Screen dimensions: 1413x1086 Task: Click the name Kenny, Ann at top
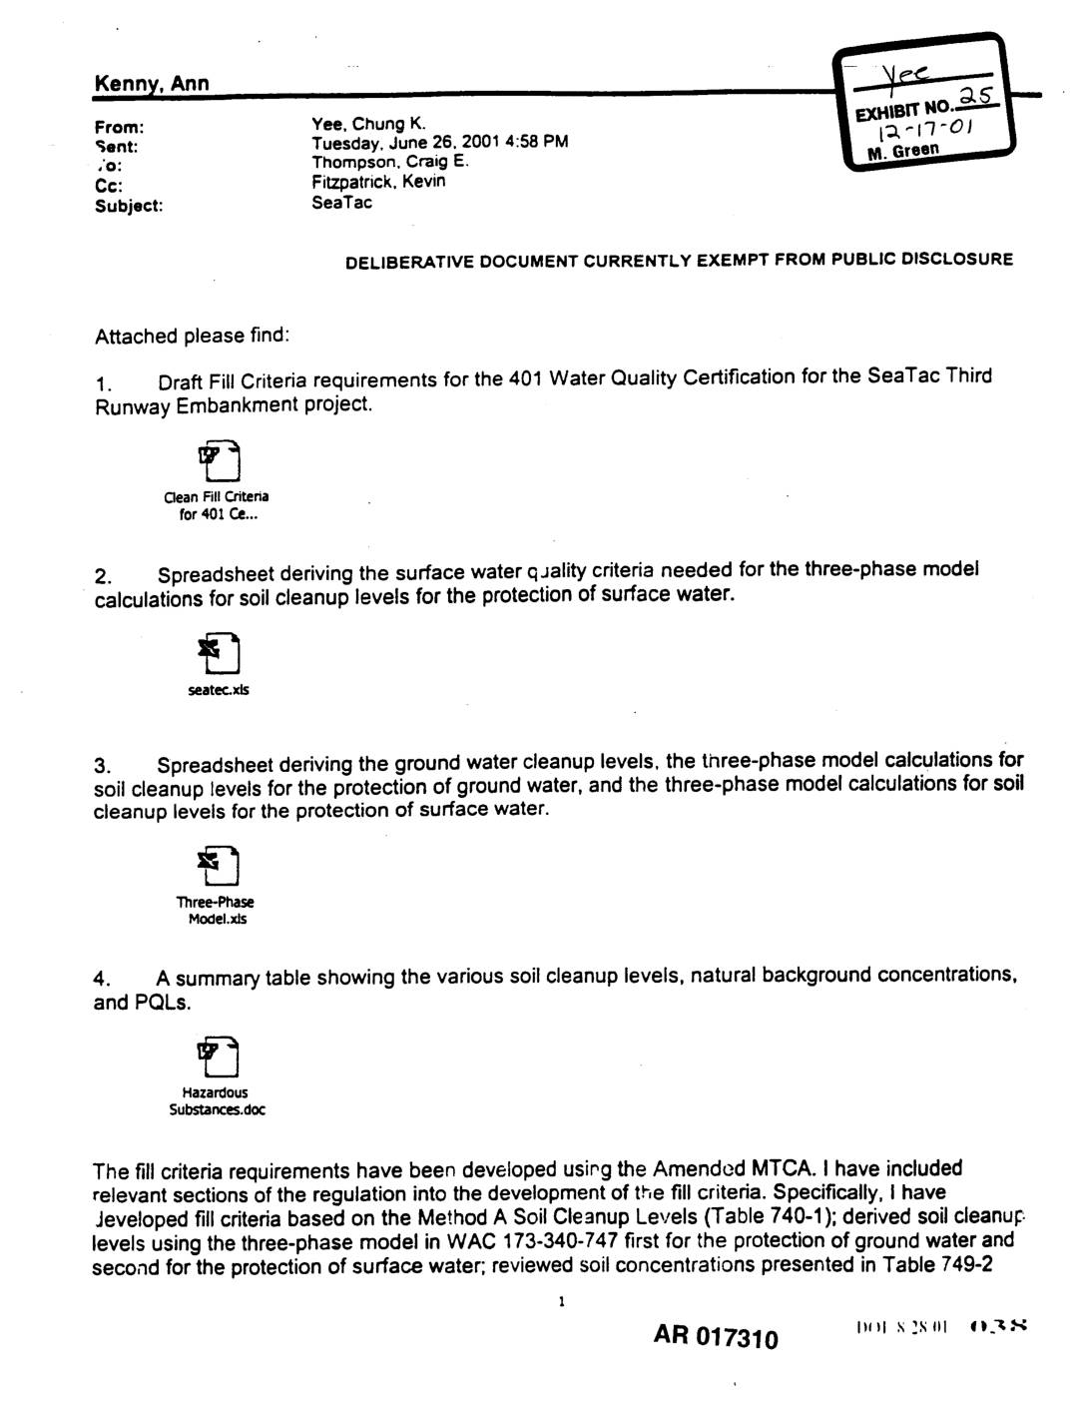(151, 84)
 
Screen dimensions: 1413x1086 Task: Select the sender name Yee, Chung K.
(369, 124)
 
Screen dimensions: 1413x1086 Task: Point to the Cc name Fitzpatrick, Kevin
(378, 181)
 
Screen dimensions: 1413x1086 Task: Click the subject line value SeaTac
(341, 203)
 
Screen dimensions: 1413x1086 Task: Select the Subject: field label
(129, 206)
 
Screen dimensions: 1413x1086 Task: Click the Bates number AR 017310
(716, 1336)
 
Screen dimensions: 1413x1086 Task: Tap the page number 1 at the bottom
(562, 1302)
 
